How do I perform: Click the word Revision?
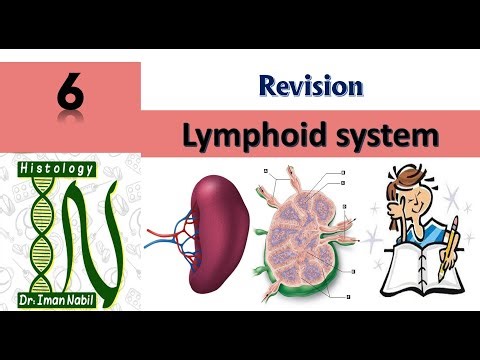(x=310, y=86)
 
